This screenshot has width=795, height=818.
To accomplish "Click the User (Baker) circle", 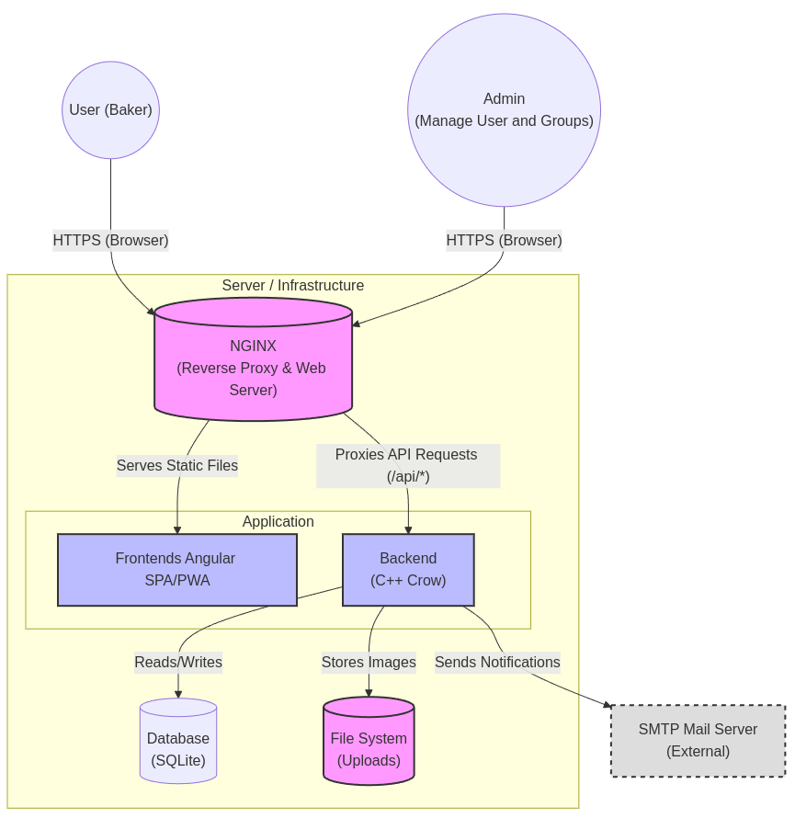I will click(110, 110).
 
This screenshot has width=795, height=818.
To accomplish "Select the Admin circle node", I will click(504, 110).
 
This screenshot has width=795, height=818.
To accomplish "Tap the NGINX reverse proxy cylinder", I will click(253, 368).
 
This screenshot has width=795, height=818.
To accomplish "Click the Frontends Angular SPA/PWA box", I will click(176, 570).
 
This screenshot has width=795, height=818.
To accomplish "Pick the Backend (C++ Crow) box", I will click(408, 570).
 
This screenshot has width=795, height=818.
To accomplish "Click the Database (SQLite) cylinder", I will click(178, 749).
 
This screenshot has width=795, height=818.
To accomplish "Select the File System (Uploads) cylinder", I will click(369, 749).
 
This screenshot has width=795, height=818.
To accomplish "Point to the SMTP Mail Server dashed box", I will click(698, 741).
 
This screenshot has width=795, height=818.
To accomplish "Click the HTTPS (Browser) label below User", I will click(110, 241).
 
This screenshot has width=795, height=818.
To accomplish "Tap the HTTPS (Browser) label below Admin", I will click(504, 241).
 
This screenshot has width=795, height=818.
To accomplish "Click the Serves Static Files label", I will click(177, 466).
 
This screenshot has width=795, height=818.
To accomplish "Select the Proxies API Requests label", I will click(407, 466).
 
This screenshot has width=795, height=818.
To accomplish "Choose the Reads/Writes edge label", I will click(178, 662).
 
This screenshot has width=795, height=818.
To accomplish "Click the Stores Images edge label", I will click(369, 662).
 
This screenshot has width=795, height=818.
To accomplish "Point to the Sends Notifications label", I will click(497, 662).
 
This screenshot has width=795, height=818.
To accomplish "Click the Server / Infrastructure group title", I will click(292, 286).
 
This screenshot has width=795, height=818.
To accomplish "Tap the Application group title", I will click(278, 522).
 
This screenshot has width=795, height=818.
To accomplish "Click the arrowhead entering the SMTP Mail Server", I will click(608, 705).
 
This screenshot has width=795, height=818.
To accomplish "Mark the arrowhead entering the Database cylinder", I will click(178, 694).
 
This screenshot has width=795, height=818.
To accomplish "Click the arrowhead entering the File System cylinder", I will click(369, 693).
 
